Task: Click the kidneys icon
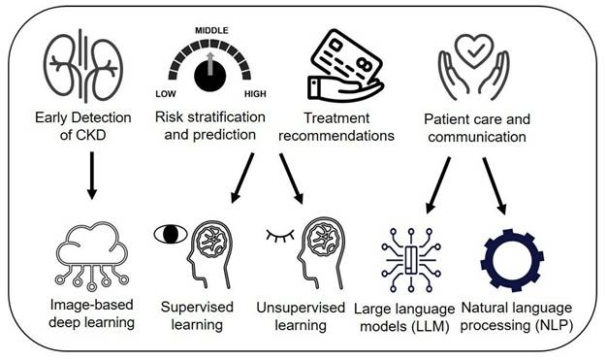pyautogui.click(x=83, y=66)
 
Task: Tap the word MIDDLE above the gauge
pyautogui.click(x=211, y=31)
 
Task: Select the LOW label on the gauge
pyautogui.click(x=166, y=94)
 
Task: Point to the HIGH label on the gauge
pyautogui.click(x=255, y=94)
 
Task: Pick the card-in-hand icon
pyautogui.click(x=344, y=66)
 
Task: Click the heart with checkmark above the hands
pyautogui.click(x=474, y=50)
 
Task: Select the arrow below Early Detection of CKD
pyautogui.click(x=92, y=176)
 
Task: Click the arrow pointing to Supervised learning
pyautogui.click(x=242, y=178)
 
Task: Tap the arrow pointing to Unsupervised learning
pyautogui.click(x=292, y=179)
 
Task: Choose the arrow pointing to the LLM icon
pyautogui.click(x=438, y=185)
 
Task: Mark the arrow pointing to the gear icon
pyautogui.click(x=495, y=185)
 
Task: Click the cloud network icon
pyautogui.click(x=92, y=256)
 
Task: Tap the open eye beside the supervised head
pyautogui.click(x=171, y=234)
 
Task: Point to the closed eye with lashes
pyautogui.click(x=280, y=236)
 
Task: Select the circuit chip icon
pyautogui.click(x=411, y=260)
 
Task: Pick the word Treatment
pyautogui.click(x=336, y=117)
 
